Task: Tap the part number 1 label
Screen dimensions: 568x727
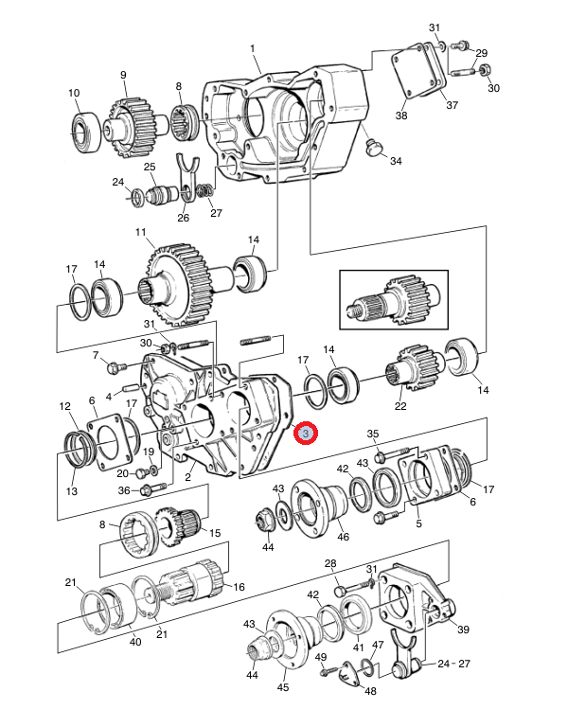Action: [x=252, y=48]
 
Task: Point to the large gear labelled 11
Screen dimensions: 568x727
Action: [x=179, y=284]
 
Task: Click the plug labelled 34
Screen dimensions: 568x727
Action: [x=374, y=148]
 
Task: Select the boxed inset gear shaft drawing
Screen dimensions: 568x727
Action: [x=394, y=299]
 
